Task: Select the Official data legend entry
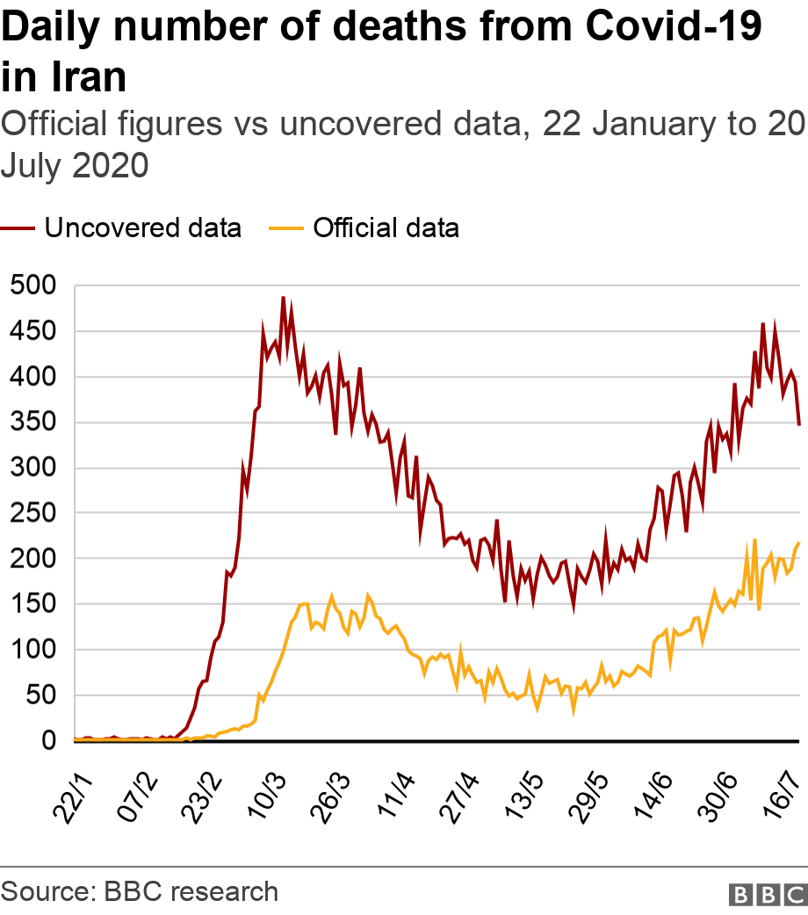tap(385, 228)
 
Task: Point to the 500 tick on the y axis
tap(35, 285)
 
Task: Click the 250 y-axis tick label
tap(35, 513)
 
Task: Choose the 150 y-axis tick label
tap(35, 604)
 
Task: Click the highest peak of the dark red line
tap(283, 297)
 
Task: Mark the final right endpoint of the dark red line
tap(799, 425)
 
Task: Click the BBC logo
tap(768, 894)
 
